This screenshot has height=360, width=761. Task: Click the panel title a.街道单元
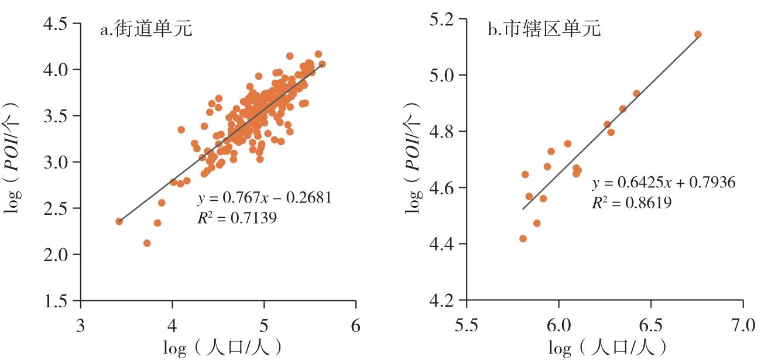point(146,29)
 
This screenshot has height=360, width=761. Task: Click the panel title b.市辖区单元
point(544,29)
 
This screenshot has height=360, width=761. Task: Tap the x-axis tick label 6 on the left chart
point(356,324)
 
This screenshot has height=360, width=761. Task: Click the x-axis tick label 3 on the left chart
point(81,324)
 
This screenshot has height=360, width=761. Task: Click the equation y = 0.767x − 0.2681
point(265,198)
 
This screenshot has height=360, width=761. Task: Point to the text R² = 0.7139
point(237,218)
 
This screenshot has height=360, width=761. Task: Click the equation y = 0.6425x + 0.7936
point(664,184)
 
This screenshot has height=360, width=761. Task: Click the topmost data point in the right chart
point(698,35)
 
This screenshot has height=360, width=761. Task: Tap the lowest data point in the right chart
point(523,238)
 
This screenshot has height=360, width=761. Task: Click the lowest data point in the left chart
point(147,243)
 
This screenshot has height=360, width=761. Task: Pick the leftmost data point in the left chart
point(119,221)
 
